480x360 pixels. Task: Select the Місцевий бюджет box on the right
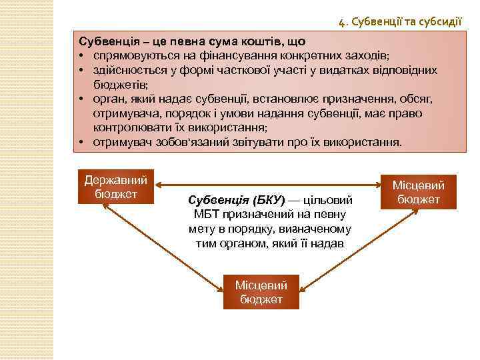pyautogui.click(x=419, y=192)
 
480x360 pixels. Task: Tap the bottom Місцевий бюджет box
pyautogui.click(x=261, y=292)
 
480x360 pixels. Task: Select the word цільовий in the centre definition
pyautogui.click(x=331, y=200)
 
